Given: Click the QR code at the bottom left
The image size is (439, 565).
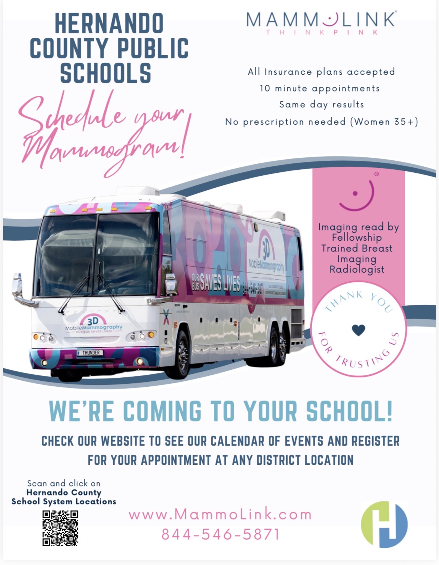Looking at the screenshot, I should [x=60, y=527].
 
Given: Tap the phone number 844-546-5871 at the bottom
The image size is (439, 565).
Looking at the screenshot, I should [x=221, y=534].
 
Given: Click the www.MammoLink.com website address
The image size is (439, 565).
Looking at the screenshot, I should [x=220, y=514].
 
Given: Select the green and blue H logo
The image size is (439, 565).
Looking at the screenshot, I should [x=384, y=524].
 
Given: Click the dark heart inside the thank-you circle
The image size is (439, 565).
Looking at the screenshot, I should [x=359, y=330].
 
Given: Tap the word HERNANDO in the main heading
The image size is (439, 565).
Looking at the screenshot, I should [x=109, y=23].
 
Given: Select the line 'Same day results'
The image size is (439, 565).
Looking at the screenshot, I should [x=322, y=104].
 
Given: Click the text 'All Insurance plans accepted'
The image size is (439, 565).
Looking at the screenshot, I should [x=321, y=72].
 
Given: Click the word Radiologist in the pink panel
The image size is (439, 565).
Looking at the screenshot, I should [x=357, y=269].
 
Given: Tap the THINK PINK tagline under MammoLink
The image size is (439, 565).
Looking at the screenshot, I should [x=322, y=32].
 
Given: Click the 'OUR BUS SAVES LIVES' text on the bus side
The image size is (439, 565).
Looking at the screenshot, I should [x=216, y=282].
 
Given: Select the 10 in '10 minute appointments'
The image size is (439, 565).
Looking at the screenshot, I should [x=265, y=88].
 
